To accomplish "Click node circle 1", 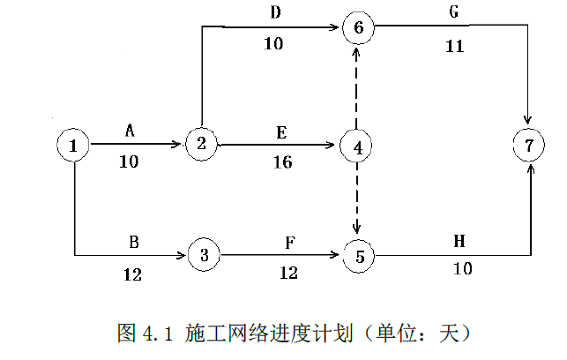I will click(x=74, y=145).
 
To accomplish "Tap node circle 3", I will click(x=205, y=256).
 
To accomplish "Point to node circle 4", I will click(x=357, y=146).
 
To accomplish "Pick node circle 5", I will click(x=357, y=257).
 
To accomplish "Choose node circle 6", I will click(x=358, y=27).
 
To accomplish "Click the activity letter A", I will click(x=130, y=131).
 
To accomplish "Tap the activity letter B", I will click(x=132, y=243).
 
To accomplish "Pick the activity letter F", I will click(x=288, y=243).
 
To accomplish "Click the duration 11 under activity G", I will click(x=454, y=47).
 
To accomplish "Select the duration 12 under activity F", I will click(x=288, y=274).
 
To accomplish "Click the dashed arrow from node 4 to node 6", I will click(x=357, y=88).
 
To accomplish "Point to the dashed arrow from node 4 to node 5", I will click(x=357, y=201).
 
